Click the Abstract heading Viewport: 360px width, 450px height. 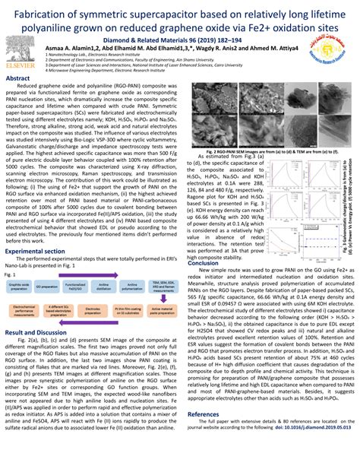[x=24, y=79]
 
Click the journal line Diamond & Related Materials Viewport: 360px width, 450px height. [x=179, y=35]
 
